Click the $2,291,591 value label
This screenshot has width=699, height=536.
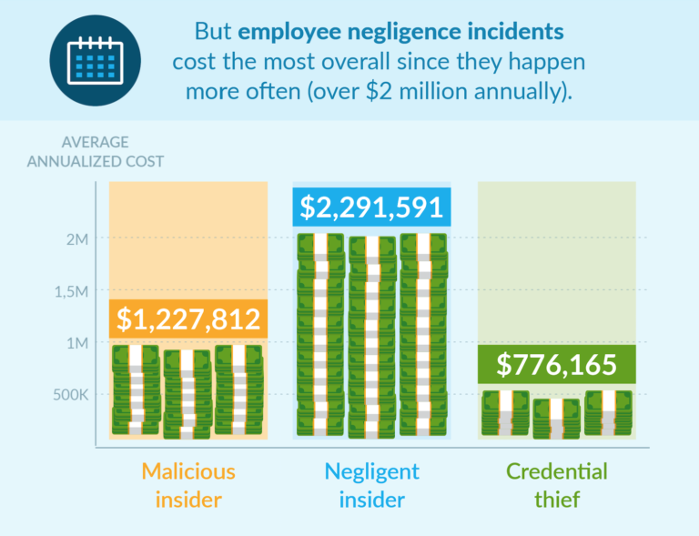pos(370,207)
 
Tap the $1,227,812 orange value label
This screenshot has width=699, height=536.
pos(188,319)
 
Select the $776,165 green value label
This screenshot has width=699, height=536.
pos(557,365)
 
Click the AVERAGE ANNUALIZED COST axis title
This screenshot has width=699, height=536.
pos(96,152)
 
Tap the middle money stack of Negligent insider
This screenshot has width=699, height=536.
pos(371,336)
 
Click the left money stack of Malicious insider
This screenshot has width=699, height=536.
pos(137,389)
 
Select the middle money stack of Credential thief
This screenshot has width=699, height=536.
pos(556,419)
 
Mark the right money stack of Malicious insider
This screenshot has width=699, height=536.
pos(238,389)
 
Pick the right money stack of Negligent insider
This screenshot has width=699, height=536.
pos(422,334)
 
